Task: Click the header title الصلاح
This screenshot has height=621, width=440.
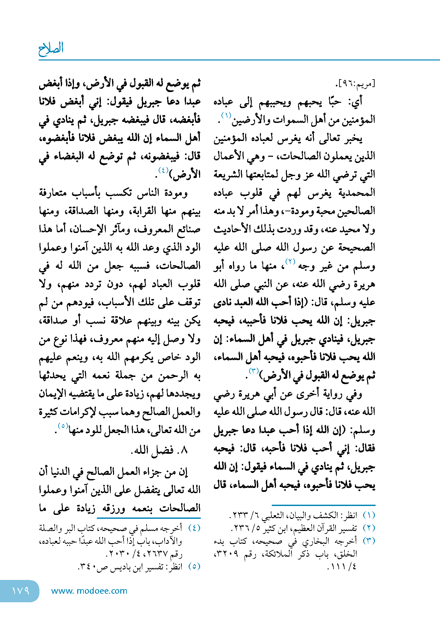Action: (51, 49)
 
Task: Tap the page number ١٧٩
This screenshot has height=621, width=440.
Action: (20, 591)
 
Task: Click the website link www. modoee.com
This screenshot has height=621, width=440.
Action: (89, 591)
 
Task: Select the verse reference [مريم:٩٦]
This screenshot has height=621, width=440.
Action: (356, 84)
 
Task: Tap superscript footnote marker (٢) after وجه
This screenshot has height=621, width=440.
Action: (290, 262)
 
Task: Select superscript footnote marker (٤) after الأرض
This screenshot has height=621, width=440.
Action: (163, 170)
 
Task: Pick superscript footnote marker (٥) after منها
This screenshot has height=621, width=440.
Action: (63, 426)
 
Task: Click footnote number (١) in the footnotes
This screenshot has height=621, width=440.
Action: (369, 515)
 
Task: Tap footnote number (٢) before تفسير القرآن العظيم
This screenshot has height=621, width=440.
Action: (369, 528)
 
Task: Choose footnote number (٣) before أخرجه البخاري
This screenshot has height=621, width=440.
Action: (369, 541)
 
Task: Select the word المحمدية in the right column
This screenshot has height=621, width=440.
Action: (357, 193)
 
